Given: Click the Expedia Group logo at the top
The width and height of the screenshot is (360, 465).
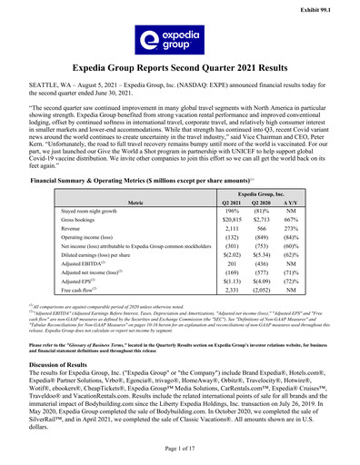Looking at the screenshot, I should tap(179, 42).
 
